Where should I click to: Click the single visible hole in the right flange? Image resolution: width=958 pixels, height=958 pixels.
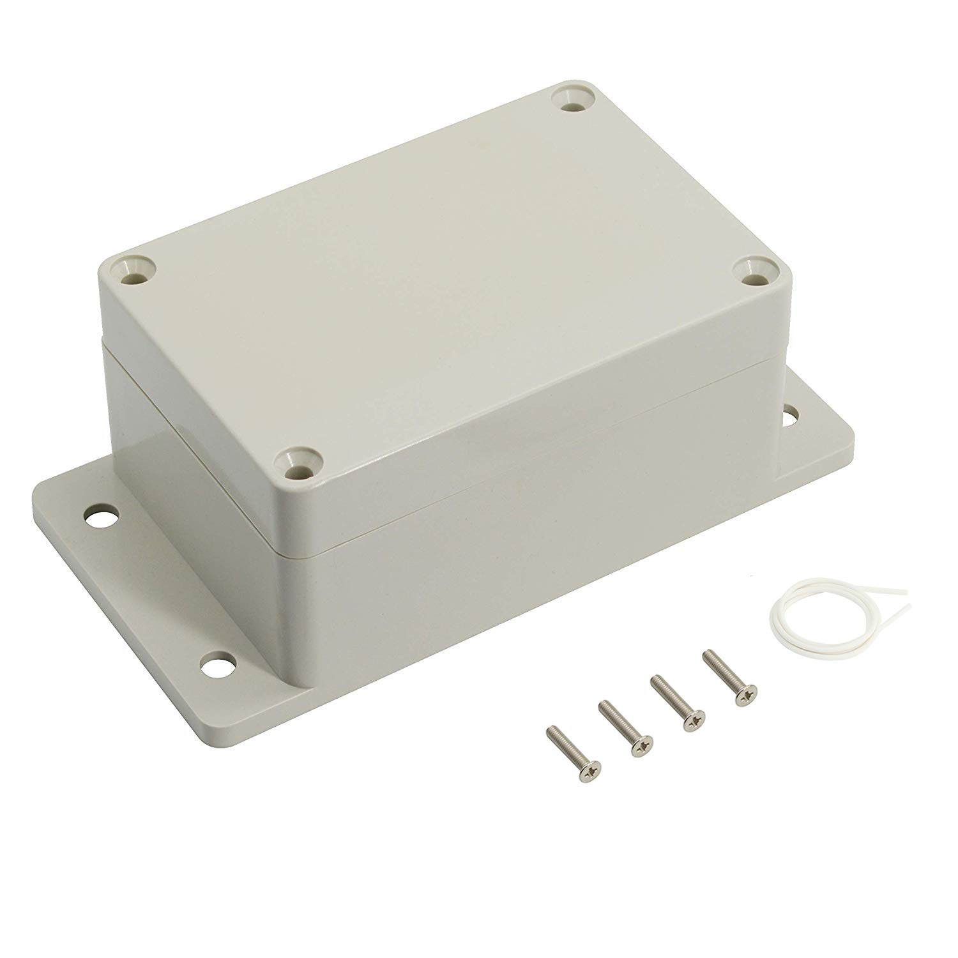point(794,413)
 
